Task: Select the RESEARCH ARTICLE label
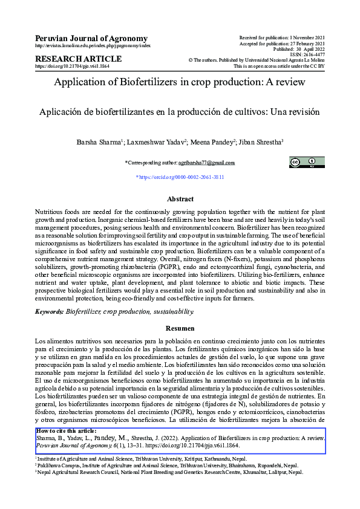79,59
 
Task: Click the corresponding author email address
202,163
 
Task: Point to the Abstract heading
180,199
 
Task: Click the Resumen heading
180,328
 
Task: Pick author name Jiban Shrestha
260,142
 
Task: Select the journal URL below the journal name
93,46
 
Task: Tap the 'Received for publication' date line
282,37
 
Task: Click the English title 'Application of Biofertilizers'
180,83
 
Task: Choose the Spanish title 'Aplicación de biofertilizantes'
180,112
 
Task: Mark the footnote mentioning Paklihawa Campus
166,467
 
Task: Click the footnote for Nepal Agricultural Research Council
169,473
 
